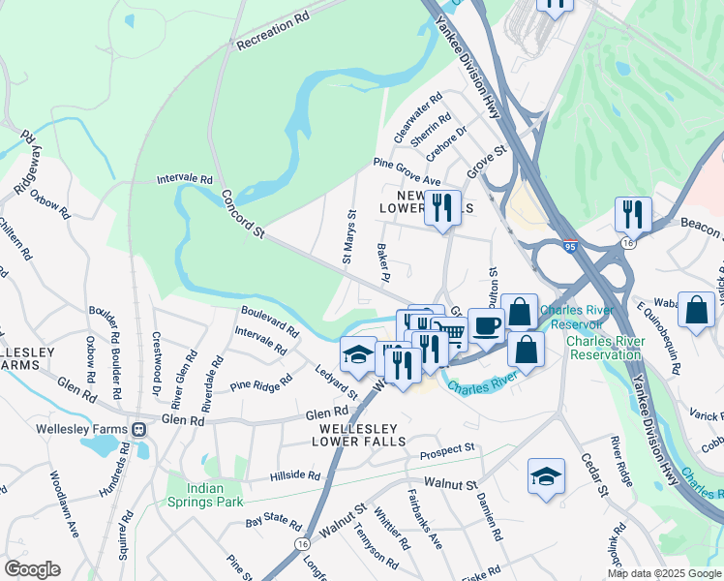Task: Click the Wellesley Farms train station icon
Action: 139,429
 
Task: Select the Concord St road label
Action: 243,213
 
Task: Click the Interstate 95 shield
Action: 570,249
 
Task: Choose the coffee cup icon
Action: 486,324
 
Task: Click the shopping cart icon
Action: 452,334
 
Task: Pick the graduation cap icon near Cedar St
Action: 546,475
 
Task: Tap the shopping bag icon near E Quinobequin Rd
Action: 696,310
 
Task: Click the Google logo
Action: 32,568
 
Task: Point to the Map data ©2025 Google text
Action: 664,573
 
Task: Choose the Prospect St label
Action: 446,451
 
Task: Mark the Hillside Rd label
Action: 294,475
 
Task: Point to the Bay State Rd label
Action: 274,523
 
